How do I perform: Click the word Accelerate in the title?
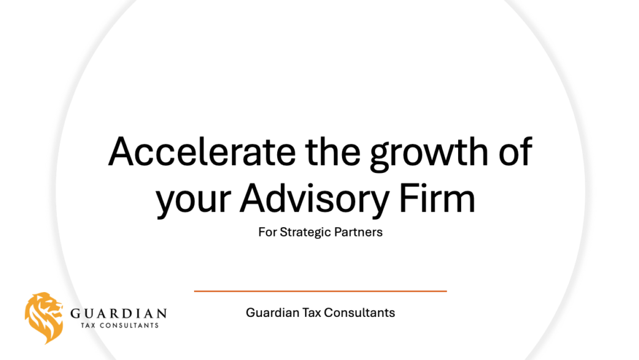click(202, 152)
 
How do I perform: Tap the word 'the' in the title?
click(333, 152)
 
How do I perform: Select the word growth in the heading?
click(429, 155)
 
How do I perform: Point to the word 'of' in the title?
click(515, 152)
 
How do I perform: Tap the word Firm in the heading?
click(437, 198)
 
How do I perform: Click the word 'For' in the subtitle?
click(267, 232)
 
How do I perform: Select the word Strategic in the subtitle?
click(305, 233)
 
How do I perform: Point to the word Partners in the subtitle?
click(358, 232)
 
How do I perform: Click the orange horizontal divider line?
click(320, 291)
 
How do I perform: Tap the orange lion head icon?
click(44, 318)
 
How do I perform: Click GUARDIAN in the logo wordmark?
click(119, 314)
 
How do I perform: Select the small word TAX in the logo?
click(88, 326)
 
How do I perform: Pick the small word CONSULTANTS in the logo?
click(129, 326)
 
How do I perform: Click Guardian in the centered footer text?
click(272, 313)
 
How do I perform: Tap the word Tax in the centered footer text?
click(311, 313)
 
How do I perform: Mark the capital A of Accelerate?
click(121, 152)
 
